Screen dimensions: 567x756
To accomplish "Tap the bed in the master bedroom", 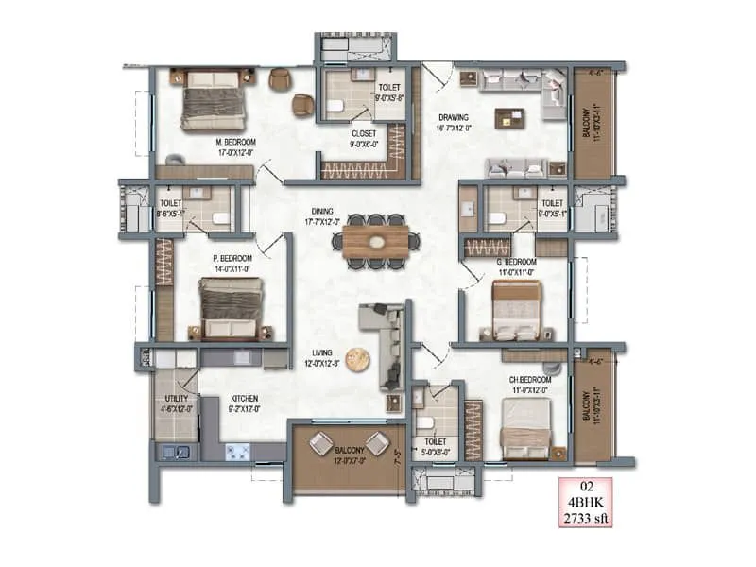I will (x=215, y=99).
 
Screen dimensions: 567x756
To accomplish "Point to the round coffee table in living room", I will (x=357, y=359).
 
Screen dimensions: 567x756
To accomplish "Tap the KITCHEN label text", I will (x=244, y=399).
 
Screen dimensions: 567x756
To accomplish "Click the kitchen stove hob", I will (x=236, y=451).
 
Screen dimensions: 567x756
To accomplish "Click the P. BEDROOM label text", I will (x=231, y=258).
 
